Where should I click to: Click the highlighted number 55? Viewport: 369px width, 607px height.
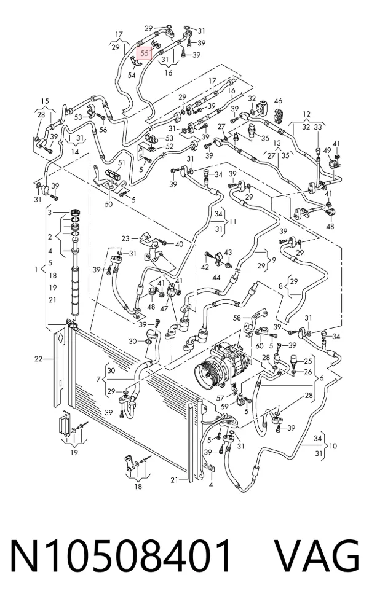pyautogui.click(x=144, y=53)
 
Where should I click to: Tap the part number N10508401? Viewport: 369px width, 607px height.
pyautogui.click(x=121, y=556)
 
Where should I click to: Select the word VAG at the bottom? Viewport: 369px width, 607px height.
pyautogui.click(x=317, y=556)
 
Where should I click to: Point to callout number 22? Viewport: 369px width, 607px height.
pyautogui.click(x=38, y=359)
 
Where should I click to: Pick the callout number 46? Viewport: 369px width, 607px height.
pyautogui.click(x=278, y=101)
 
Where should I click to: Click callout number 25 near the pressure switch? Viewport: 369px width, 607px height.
pyautogui.click(x=307, y=362)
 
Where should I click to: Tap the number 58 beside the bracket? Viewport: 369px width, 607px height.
pyautogui.click(x=237, y=318)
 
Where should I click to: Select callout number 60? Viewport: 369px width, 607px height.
pyautogui.click(x=260, y=345)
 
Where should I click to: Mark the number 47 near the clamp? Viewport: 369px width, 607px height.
pyautogui.click(x=164, y=308)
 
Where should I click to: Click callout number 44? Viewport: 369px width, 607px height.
pyautogui.click(x=216, y=277)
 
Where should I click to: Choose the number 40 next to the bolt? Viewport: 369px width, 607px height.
pyautogui.click(x=179, y=244)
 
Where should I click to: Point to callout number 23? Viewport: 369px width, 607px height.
pyautogui.click(x=125, y=238)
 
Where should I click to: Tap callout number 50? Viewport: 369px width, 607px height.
pyautogui.click(x=108, y=204)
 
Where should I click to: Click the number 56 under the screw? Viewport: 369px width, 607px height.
pyautogui.click(x=103, y=130)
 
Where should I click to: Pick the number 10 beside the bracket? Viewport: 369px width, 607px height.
pyautogui.click(x=333, y=445)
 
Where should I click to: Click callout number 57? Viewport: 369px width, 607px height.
pyautogui.click(x=220, y=397)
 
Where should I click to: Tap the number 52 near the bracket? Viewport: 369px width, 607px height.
pyautogui.click(x=170, y=146)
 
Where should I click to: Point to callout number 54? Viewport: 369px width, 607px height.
pyautogui.click(x=132, y=75)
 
